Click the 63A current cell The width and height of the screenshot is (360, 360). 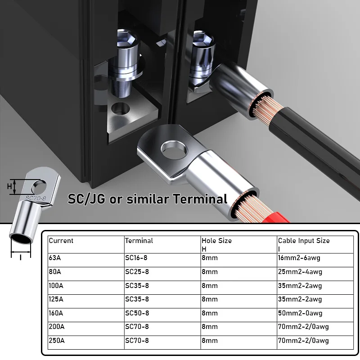pyautogui.click(x=86, y=260)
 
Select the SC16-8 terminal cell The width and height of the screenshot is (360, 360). pyautogui.click(x=162, y=260)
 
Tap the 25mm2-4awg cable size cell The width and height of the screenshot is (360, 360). pyautogui.click(x=315, y=274)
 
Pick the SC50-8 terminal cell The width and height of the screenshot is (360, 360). pyautogui.click(x=162, y=315)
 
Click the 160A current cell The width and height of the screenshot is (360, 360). pyautogui.click(x=86, y=315)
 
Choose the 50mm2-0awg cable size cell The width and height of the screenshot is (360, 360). pyautogui.click(x=315, y=315)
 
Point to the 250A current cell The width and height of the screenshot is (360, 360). pyautogui.click(x=86, y=342)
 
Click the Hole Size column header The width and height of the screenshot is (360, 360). pyautogui.click(x=239, y=245)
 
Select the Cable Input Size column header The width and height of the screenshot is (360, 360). pyautogui.click(x=315, y=245)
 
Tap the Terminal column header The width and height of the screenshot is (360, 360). pyautogui.click(x=162, y=245)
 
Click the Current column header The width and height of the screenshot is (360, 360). pyautogui.click(x=86, y=245)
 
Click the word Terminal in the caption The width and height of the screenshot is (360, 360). pyautogui.click(x=200, y=199)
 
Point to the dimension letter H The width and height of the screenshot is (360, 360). pyautogui.click(x=9, y=186)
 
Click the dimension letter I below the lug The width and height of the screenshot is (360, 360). pyautogui.click(x=21, y=257)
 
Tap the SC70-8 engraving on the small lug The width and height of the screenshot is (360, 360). pyautogui.click(x=36, y=198)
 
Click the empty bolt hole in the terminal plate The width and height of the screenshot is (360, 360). pyautogui.click(x=120, y=108)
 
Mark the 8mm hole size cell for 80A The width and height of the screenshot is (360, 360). pyautogui.click(x=239, y=274)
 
